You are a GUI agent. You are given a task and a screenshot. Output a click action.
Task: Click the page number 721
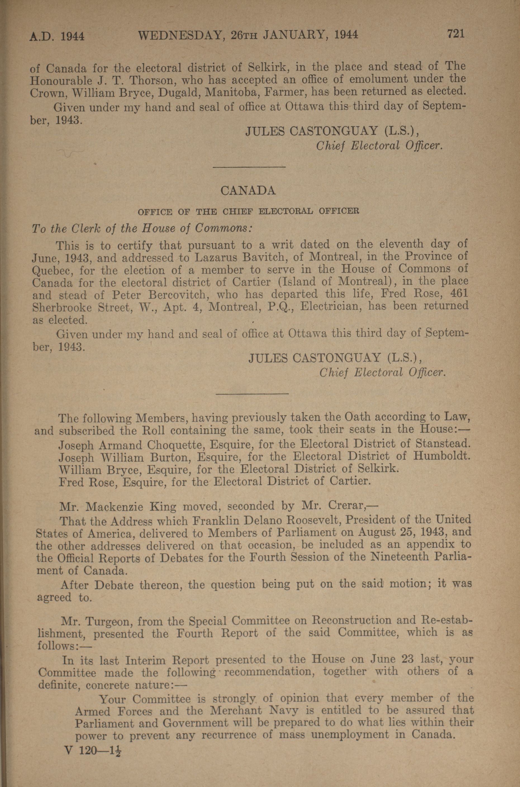coord(456,34)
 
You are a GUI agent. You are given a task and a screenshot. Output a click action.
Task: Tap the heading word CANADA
coord(248,190)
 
